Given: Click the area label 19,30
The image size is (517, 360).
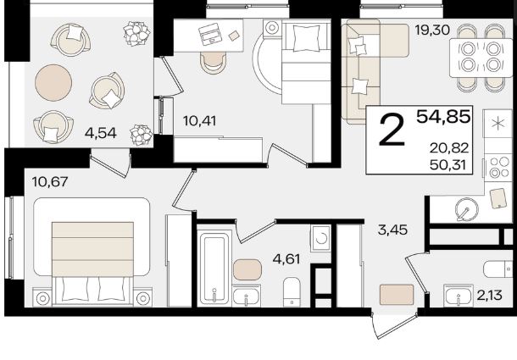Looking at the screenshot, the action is (x=432, y=30).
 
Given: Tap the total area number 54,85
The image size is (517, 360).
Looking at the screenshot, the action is (x=443, y=116).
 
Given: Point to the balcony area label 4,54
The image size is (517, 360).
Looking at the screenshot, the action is (x=101, y=133).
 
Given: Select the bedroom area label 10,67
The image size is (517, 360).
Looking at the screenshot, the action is (x=50, y=181).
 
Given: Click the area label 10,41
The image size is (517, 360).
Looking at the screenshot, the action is (x=200, y=121).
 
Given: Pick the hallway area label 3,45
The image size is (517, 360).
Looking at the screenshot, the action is (x=392, y=230).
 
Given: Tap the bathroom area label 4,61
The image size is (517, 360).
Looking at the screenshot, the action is (x=286, y=259).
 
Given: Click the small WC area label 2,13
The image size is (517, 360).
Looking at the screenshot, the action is (x=489, y=295).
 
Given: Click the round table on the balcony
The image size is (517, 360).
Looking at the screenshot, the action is (x=53, y=83).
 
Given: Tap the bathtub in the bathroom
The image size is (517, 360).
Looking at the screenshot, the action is (x=214, y=269).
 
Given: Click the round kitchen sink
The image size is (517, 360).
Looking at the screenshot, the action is (x=466, y=209).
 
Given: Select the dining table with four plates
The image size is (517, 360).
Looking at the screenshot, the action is (x=481, y=58).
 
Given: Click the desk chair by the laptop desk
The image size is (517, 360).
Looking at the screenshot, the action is (x=213, y=63).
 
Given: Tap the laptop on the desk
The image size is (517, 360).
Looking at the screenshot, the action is (x=210, y=34).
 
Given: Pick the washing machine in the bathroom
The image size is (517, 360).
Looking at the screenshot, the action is (x=320, y=238).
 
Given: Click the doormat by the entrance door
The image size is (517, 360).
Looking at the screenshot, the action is (x=397, y=295).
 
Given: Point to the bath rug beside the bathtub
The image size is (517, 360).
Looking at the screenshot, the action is (x=247, y=269).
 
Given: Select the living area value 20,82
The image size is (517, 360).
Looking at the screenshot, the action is (x=448, y=148).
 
